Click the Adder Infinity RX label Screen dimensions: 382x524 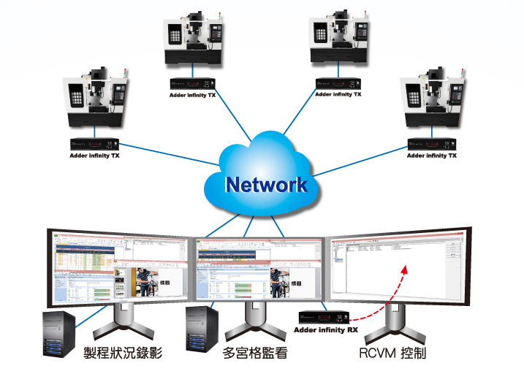pyautogui.click(x=326, y=330)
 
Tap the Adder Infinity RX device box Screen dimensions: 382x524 pyautogui.click(x=324, y=318)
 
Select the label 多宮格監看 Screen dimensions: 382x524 pyautogui.click(x=259, y=354)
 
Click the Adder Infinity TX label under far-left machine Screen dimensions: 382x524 pyautogui.click(x=94, y=156)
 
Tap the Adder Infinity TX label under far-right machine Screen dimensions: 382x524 pyautogui.click(x=432, y=156)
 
